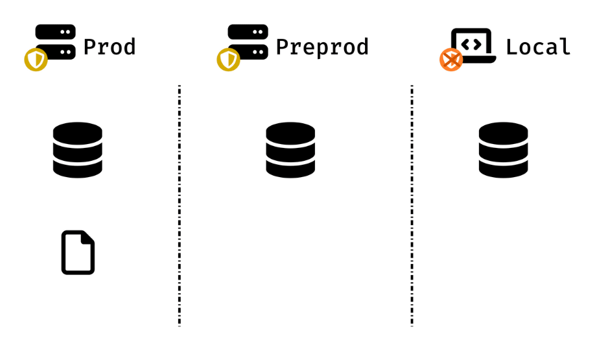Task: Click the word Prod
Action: click(110, 47)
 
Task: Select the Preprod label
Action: click(322, 47)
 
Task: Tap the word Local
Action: click(538, 47)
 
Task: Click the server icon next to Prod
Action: click(56, 42)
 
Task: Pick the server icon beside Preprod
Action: click(248, 42)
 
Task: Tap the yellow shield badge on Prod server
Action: click(36, 60)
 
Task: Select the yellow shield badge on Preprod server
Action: click(228, 60)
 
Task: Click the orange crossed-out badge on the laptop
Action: click(451, 60)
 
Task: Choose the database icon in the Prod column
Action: click(78, 150)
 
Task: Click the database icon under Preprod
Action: click(290, 150)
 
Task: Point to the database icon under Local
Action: click(503, 150)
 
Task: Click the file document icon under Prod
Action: click(78, 252)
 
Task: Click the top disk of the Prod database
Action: click(78, 132)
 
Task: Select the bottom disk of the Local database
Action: click(503, 168)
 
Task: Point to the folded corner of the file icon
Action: click(89, 237)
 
